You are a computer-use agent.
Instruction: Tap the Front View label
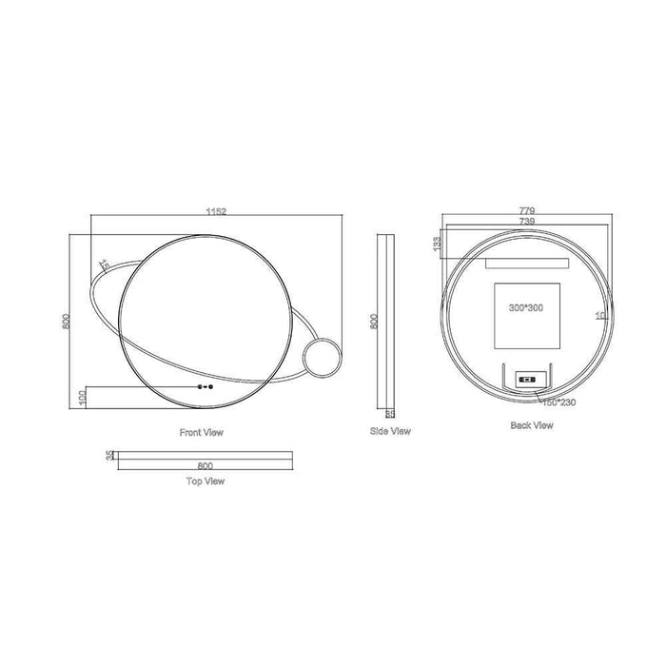click(x=202, y=432)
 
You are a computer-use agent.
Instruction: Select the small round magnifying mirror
click(x=320, y=360)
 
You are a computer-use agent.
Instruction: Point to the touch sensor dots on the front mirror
click(x=204, y=387)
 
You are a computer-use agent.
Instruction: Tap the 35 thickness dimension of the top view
click(x=109, y=456)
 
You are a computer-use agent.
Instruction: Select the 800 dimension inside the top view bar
click(x=204, y=465)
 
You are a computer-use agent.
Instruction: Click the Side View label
click(x=390, y=431)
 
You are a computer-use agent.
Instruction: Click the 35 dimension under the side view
click(x=389, y=413)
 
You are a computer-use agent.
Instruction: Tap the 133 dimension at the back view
click(x=436, y=244)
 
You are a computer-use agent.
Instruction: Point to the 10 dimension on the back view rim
click(x=600, y=315)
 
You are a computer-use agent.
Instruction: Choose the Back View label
click(x=531, y=425)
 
